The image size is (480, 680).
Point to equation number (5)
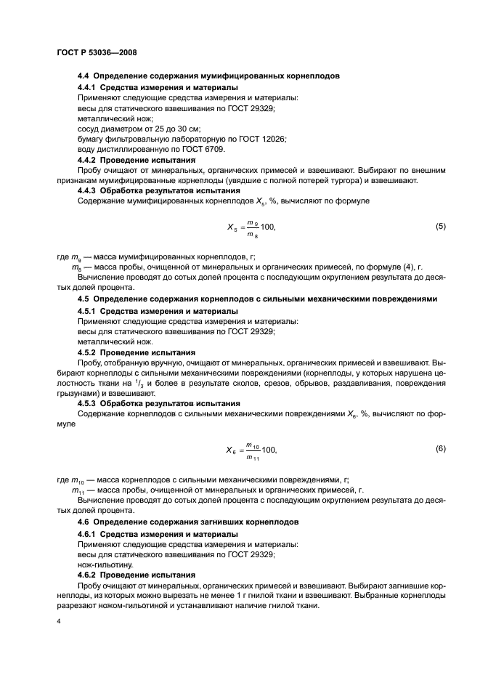pyautogui.click(x=440, y=226)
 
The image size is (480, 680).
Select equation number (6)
pyautogui.click(x=440, y=449)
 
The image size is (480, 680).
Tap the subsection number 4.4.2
pyautogui.click(x=90, y=158)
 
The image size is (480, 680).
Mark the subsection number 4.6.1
pyautogui.click(x=90, y=534)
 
